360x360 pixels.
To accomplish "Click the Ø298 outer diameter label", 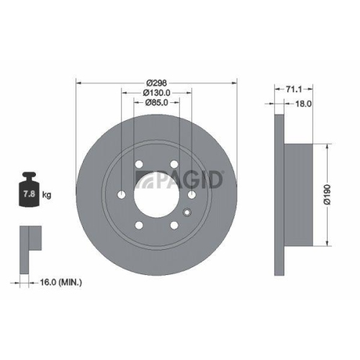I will pyautogui.click(x=157, y=81).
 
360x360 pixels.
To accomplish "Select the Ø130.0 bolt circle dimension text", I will pyautogui.click(x=157, y=91).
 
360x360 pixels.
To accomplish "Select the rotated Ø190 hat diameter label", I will pyautogui.click(x=328, y=194).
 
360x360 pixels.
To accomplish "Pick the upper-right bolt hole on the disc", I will pyautogui.click(x=175, y=164).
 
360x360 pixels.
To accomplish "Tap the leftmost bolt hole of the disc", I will pyautogui.click(x=121, y=195).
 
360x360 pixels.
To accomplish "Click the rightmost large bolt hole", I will pyautogui.click(x=193, y=195).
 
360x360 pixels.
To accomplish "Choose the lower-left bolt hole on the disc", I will pyautogui.click(x=139, y=226).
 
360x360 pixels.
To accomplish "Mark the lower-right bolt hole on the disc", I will pyautogui.click(x=175, y=226).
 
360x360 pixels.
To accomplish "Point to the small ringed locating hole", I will pyautogui.click(x=188, y=212).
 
